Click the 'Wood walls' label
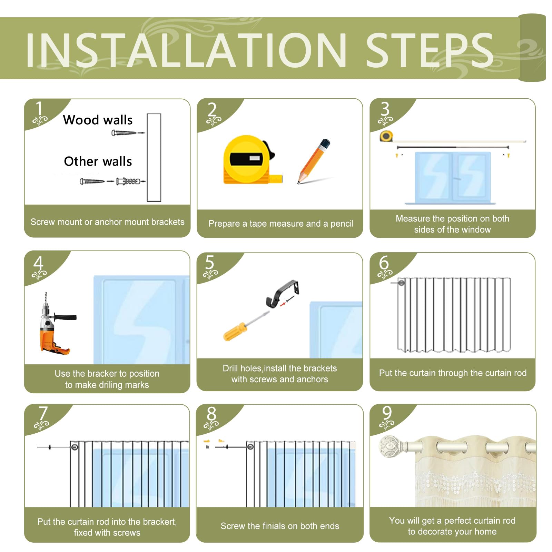(x=98, y=120)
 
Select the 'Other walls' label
(x=98, y=161)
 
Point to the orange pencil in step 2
(x=314, y=161)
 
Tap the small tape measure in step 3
(x=386, y=136)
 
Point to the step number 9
(x=387, y=413)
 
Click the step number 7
(x=43, y=413)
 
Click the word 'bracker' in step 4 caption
(x=102, y=374)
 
